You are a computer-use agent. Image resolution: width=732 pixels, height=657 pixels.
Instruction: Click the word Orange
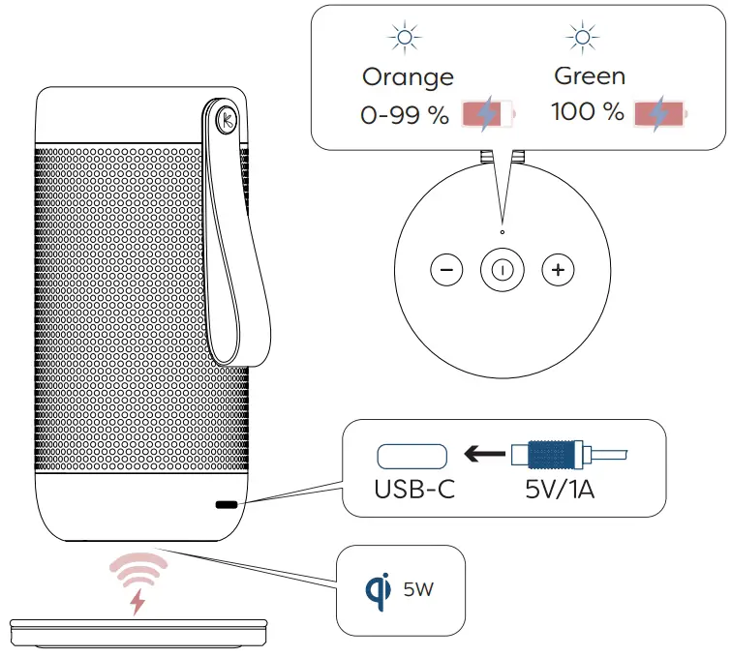click(407, 76)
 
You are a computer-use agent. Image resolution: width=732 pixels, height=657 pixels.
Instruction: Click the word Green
click(590, 75)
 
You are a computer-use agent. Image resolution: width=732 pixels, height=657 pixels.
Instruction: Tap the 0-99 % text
click(405, 115)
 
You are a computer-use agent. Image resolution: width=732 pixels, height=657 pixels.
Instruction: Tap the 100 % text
click(588, 112)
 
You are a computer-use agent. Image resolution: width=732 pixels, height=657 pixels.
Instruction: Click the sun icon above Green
click(582, 39)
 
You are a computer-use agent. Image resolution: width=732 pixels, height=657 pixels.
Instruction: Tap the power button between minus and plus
click(502, 270)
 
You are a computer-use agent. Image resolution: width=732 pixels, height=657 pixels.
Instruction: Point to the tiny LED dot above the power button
click(502, 232)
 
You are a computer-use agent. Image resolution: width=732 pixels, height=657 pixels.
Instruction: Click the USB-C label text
click(414, 490)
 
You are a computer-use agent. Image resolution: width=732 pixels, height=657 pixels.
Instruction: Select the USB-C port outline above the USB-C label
click(412, 454)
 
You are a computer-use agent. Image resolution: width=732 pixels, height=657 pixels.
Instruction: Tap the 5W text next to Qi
click(419, 588)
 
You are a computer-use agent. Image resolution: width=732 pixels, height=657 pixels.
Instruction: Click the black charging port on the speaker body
click(226, 505)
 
